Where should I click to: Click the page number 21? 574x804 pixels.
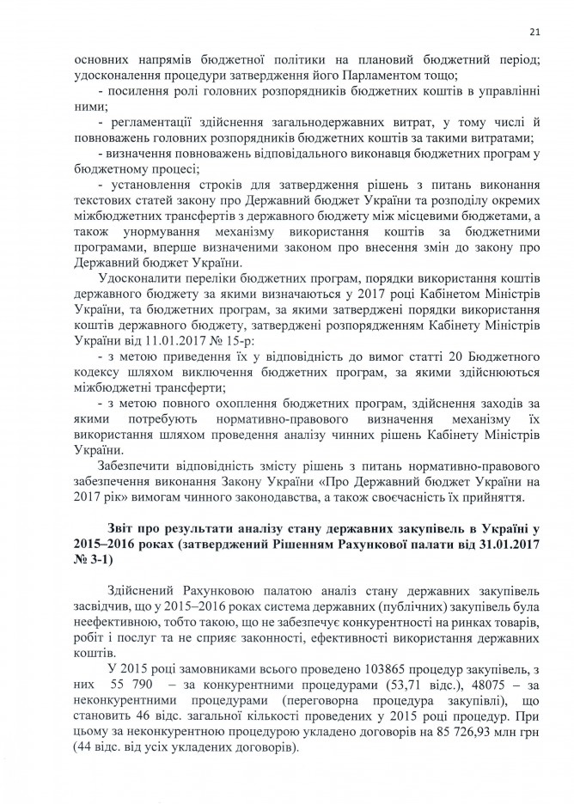pos(534,32)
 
